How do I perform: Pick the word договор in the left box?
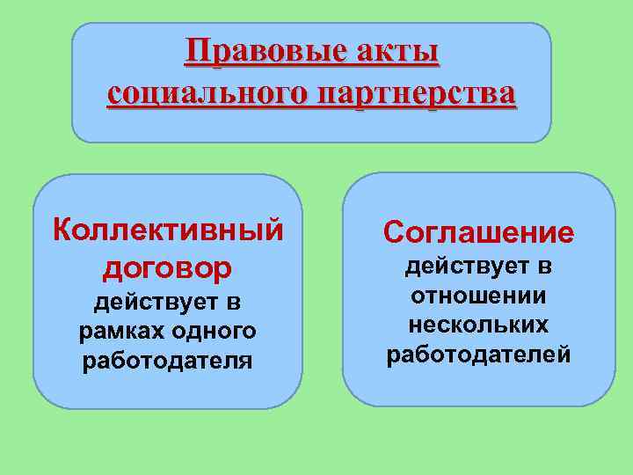[x=168, y=266]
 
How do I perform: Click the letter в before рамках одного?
[x=233, y=303]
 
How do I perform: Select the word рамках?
[x=118, y=332]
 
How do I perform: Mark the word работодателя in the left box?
[x=167, y=361]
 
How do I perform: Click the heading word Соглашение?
[x=478, y=232]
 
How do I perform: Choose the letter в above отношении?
[x=545, y=266]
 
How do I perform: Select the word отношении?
[x=478, y=296]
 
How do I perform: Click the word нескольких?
[x=478, y=325]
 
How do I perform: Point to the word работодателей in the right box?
[x=478, y=354]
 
